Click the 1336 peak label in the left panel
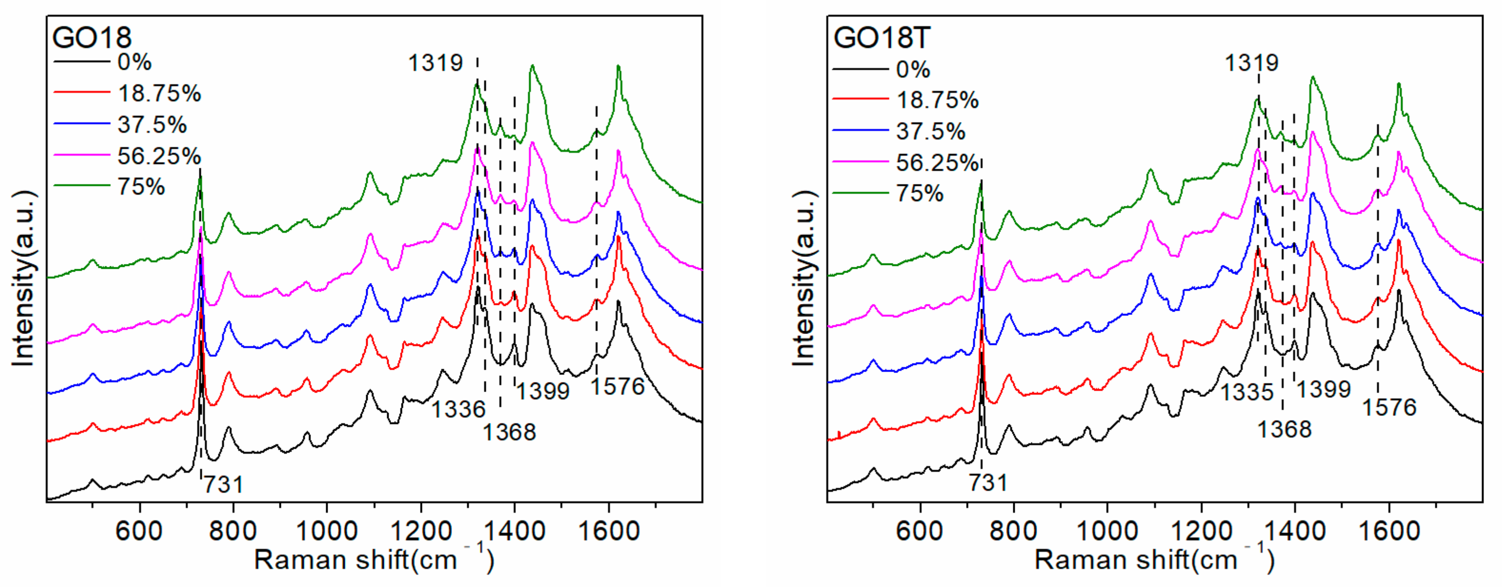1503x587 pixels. point(458,409)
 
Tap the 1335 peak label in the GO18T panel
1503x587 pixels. point(1247,392)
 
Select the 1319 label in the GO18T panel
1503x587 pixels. point(1251,62)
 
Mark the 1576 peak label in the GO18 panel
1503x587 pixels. point(618,386)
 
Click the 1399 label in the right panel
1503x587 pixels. point(1324,389)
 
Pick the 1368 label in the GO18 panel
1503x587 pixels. point(509,432)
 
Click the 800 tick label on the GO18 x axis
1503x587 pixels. point(233,531)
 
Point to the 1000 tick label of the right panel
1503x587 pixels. point(1107,531)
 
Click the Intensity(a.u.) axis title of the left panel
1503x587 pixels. point(23,279)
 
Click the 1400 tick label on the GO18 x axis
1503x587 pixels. point(514,531)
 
